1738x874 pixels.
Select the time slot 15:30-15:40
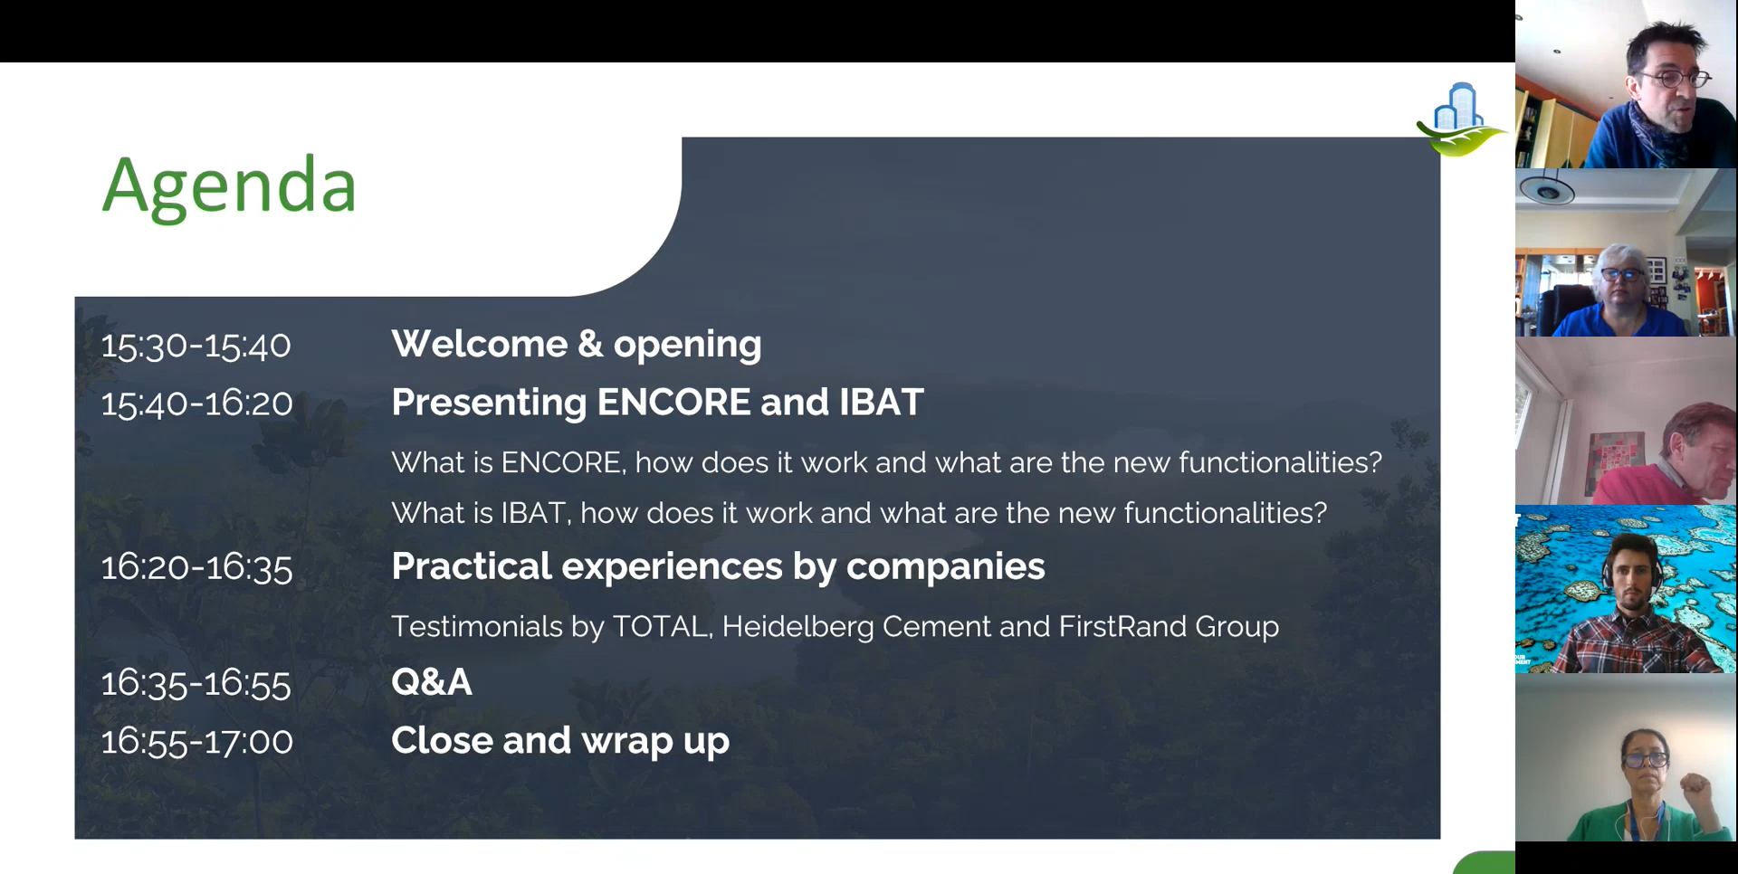196,346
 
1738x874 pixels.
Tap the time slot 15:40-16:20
196,404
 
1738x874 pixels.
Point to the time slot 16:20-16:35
196,568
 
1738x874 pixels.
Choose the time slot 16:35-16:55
196,683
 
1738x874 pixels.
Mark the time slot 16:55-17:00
196,742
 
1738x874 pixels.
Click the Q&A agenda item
432,682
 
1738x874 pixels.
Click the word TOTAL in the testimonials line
660,626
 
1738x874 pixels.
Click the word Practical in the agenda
472,566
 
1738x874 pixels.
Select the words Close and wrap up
560,741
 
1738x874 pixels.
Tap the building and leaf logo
1459,119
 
